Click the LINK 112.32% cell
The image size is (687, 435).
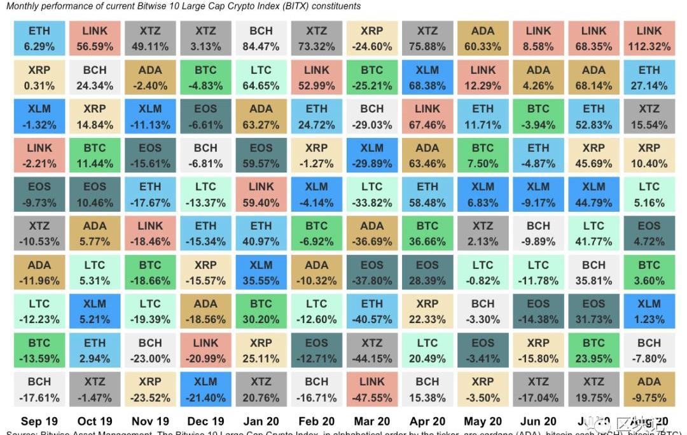pyautogui.click(x=649, y=39)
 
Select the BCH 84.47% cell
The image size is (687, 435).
pyautogui.click(x=261, y=39)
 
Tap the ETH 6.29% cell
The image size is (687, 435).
pyautogui.click(x=39, y=39)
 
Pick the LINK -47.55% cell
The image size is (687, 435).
pyautogui.click(x=371, y=389)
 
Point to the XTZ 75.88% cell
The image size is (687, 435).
pyautogui.click(x=427, y=39)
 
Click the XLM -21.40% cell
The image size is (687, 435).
pyautogui.click(x=205, y=389)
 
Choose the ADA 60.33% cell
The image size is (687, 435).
pyautogui.click(x=482, y=39)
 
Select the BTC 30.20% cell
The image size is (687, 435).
pyautogui.click(x=261, y=312)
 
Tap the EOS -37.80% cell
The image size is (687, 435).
pyautogui.click(x=371, y=272)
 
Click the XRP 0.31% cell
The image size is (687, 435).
pyautogui.click(x=39, y=78)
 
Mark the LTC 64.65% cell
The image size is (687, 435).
pyautogui.click(x=261, y=78)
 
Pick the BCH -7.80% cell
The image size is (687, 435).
pyautogui.click(x=649, y=350)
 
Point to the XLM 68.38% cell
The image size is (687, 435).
pyautogui.click(x=427, y=78)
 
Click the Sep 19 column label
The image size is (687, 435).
pyautogui.click(x=39, y=421)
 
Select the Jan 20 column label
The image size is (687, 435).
pyautogui.click(x=261, y=421)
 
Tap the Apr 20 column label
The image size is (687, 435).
pyautogui.click(x=427, y=421)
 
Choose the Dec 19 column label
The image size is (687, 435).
pyautogui.click(x=205, y=421)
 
